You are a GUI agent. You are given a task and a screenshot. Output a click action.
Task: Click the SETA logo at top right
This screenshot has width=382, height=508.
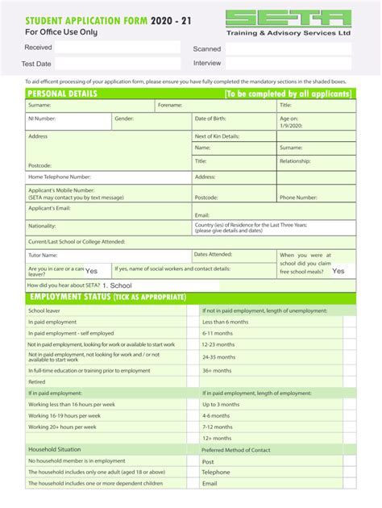288,19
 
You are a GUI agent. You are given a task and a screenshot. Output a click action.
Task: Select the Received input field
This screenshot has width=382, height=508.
117,48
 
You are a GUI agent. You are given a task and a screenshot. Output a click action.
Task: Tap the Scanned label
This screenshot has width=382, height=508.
206,49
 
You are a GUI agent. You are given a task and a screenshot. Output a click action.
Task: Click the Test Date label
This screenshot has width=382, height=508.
36,63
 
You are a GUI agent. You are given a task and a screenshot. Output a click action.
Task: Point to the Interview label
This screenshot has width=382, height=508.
207,63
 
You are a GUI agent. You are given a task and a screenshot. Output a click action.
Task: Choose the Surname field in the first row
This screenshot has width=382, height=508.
89,106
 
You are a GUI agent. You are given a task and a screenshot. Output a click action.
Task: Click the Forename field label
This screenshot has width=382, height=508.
170,106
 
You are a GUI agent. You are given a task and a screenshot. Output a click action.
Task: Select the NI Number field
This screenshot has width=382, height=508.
68,122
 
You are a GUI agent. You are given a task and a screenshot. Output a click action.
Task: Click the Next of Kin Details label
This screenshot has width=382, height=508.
217,136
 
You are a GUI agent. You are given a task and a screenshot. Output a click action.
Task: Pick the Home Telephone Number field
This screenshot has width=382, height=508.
107,177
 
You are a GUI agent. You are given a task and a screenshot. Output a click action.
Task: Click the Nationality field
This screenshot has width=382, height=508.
107,227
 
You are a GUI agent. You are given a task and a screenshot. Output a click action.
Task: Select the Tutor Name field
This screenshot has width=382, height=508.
107,255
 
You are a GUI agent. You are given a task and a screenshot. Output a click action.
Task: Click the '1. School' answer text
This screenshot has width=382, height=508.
117,285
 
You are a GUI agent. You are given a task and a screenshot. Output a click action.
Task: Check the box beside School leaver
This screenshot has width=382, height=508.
193,310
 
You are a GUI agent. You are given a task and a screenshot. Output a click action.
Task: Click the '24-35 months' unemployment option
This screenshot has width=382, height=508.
218,356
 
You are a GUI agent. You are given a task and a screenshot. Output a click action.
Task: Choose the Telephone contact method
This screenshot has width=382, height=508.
216,473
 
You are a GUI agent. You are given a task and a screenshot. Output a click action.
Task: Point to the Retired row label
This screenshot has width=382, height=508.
37,381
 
